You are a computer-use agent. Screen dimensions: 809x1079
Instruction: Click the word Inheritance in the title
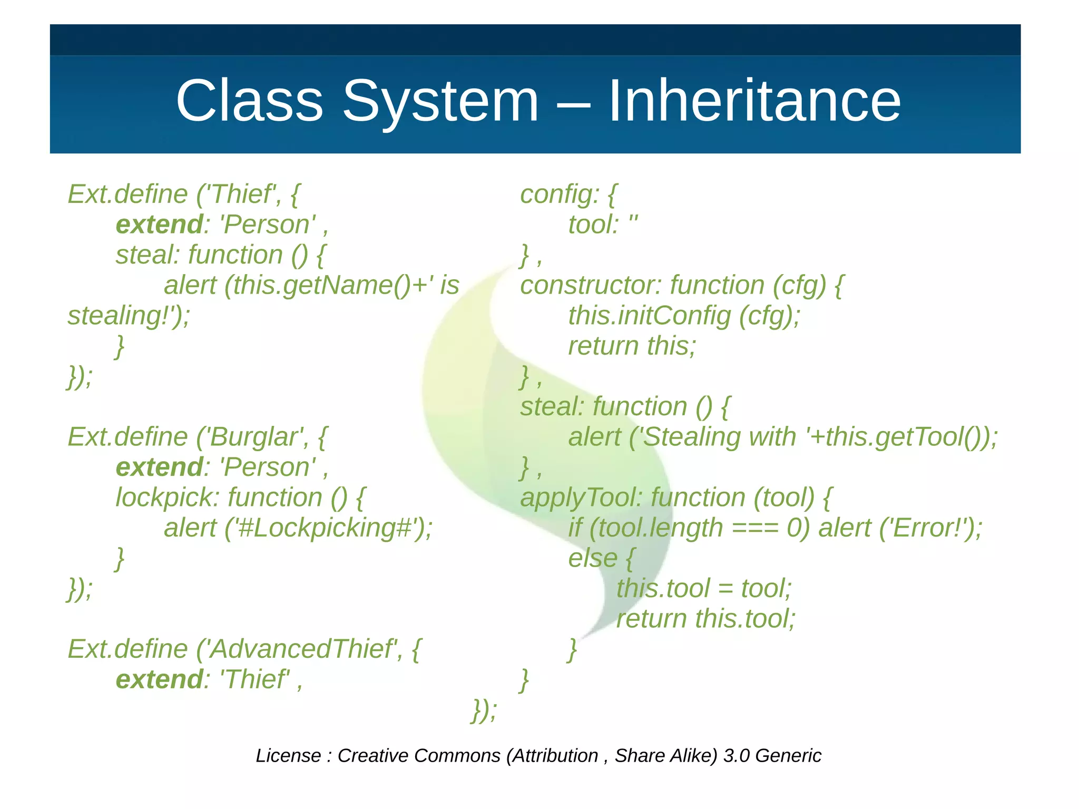tap(754, 101)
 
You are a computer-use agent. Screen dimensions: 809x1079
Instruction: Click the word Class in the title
tap(249, 101)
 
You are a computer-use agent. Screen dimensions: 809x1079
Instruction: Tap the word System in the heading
tap(441, 101)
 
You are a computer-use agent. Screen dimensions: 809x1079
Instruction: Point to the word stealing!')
tap(129, 316)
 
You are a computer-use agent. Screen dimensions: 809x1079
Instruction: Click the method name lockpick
tap(166, 498)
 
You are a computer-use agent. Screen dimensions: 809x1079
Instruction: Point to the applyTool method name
tap(580, 498)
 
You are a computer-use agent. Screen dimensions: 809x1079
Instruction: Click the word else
tap(592, 559)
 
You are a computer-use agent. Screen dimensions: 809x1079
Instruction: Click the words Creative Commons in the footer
tap(419, 756)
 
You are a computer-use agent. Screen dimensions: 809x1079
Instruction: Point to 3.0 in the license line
tap(736, 756)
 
